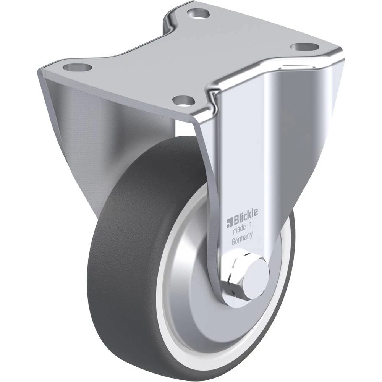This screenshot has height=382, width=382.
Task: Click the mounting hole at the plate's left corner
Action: [77, 66]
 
